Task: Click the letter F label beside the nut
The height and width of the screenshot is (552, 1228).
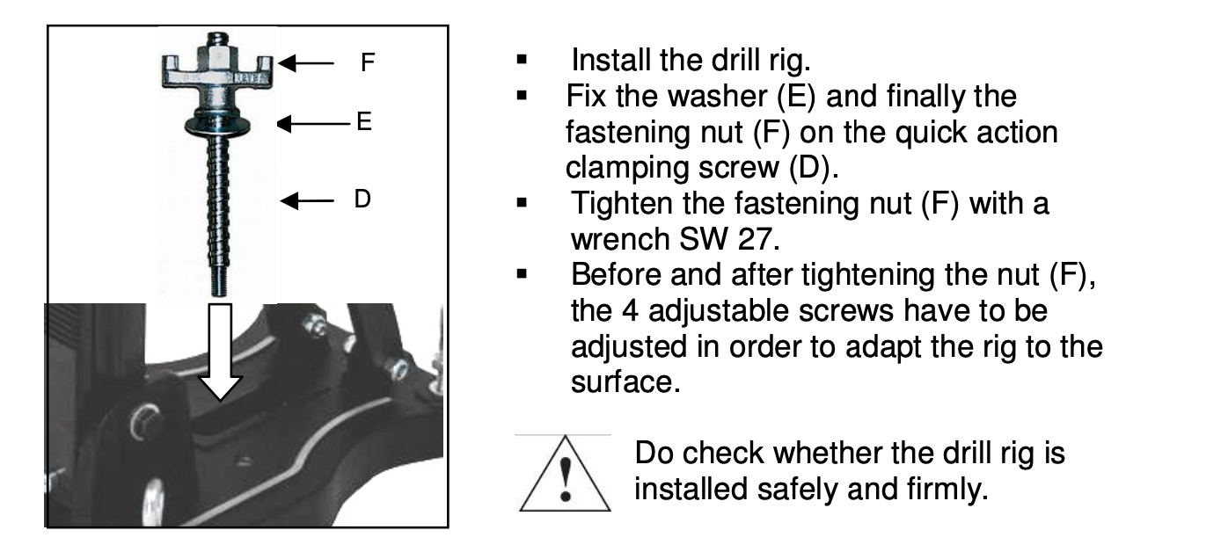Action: click(x=368, y=62)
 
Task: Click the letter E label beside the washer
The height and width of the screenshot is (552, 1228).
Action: click(x=364, y=121)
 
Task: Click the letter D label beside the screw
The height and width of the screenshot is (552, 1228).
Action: click(x=362, y=199)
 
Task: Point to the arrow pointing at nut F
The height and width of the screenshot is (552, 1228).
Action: click(x=306, y=63)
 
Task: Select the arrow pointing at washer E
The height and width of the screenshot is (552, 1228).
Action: click(x=313, y=124)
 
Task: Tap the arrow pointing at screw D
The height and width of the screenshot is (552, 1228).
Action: click(x=307, y=201)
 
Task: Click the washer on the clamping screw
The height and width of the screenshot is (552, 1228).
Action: click(x=217, y=124)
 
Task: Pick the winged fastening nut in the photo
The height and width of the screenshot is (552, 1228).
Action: click(x=217, y=69)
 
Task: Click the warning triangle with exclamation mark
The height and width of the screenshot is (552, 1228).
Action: click(x=565, y=475)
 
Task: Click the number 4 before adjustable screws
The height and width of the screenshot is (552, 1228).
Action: click(x=631, y=311)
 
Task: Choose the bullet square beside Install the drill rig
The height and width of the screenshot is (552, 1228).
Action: click(x=522, y=60)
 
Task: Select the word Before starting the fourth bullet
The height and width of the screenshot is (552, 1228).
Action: click(x=616, y=275)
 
